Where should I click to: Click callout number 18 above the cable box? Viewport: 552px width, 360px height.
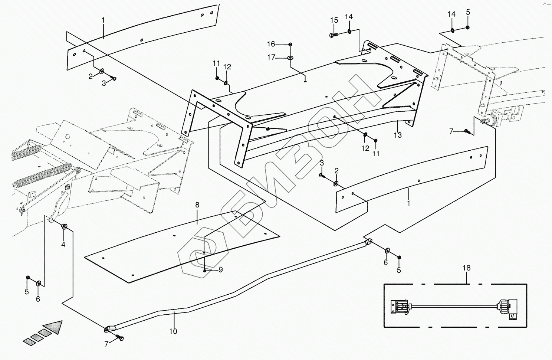(x=466, y=268)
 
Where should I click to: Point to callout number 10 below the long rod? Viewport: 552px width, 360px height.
(x=173, y=331)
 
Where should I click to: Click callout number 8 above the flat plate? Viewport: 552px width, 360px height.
(x=197, y=205)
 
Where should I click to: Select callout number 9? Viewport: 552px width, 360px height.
(x=220, y=270)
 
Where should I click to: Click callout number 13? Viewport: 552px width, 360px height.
(x=398, y=135)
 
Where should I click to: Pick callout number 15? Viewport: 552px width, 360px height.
(x=334, y=20)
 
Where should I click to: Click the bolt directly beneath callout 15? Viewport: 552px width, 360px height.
(x=333, y=35)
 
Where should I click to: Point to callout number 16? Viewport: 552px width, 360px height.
(x=271, y=44)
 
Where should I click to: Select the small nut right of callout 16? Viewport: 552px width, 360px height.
(x=290, y=44)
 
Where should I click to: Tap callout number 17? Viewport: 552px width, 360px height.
(x=271, y=58)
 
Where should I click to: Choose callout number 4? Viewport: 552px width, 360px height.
(x=63, y=245)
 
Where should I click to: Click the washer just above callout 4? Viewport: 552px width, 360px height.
(x=64, y=226)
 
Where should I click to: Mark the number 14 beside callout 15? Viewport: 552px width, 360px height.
(x=349, y=17)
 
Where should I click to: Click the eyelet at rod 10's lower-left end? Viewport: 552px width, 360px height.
(x=108, y=328)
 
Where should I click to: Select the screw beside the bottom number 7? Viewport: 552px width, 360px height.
(x=120, y=338)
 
